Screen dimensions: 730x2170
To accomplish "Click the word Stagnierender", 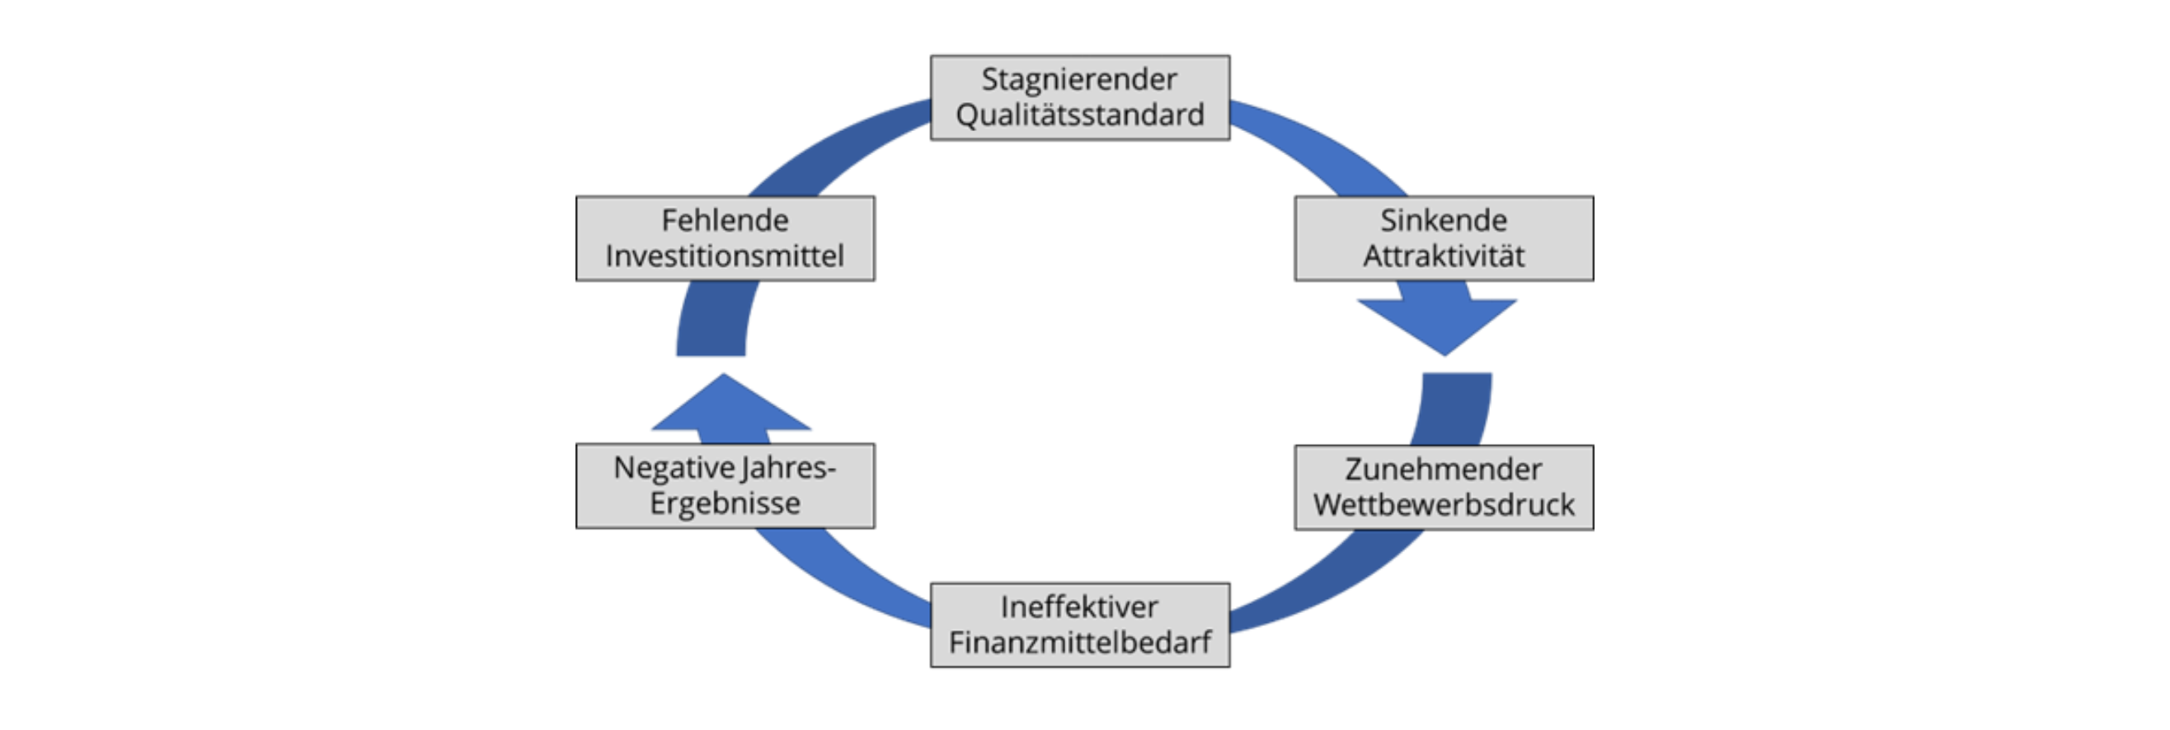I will tap(1079, 80).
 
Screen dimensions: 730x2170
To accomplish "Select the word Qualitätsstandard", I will tap(1079, 115).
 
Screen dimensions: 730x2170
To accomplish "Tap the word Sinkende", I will tap(1443, 221).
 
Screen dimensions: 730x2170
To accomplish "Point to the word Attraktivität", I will tap(1443, 256).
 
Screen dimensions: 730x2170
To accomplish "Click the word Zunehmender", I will tap(1443, 469).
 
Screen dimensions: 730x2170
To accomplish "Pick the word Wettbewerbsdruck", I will tap(1443, 505).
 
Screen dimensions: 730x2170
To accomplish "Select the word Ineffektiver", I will tap(1079, 607).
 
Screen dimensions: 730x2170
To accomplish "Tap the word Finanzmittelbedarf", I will tap(1079, 643).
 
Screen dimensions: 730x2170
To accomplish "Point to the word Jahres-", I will tap(787, 468).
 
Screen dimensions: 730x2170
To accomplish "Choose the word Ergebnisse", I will tap(725, 503).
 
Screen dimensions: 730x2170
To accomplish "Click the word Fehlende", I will tap(725, 221).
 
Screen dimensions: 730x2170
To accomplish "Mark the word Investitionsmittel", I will tap(725, 256).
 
